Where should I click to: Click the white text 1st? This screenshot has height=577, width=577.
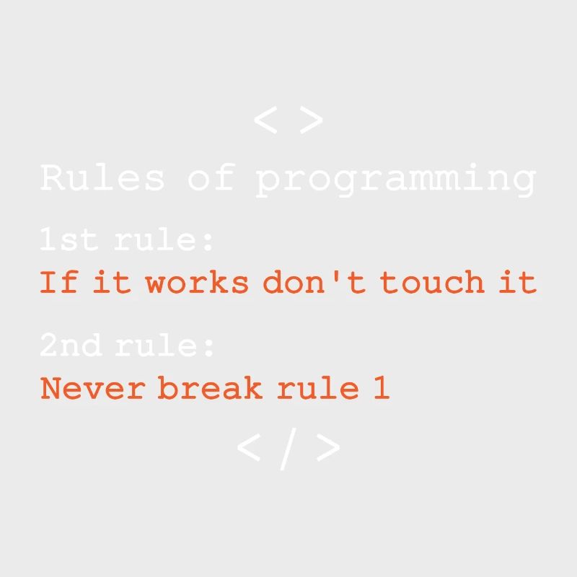click(69, 240)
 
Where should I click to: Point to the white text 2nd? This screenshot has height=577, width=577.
click(71, 346)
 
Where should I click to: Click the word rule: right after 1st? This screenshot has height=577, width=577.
click(164, 240)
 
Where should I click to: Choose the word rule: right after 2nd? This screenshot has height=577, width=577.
click(164, 346)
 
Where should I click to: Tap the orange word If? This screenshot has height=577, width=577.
click(58, 282)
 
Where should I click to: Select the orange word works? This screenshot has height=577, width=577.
click(197, 282)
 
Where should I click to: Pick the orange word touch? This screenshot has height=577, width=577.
click(431, 282)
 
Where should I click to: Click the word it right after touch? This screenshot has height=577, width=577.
click(519, 282)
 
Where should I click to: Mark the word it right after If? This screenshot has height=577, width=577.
click(112, 282)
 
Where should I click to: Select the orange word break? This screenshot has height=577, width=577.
click(210, 389)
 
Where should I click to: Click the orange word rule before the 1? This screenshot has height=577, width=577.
click(317, 389)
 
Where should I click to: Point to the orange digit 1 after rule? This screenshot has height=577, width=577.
click(381, 389)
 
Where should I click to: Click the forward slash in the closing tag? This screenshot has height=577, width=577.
click(288, 449)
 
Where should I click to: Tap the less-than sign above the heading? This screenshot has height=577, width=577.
click(265, 120)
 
